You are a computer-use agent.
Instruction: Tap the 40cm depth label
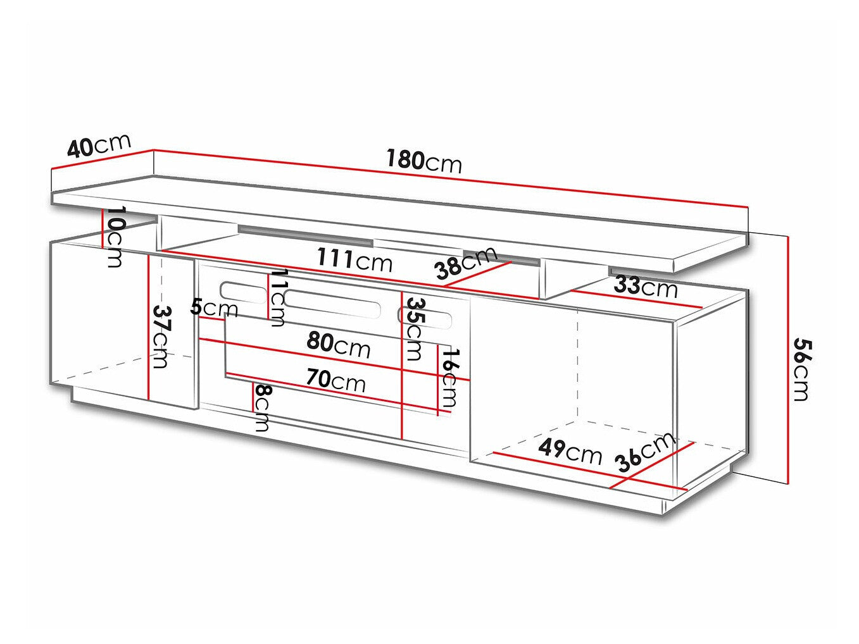tap(99, 146)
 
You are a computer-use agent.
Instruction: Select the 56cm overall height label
tap(801, 369)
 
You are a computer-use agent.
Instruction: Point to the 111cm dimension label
tap(354, 259)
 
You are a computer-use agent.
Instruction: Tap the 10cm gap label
tap(115, 237)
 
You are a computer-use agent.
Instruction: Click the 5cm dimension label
tap(215, 308)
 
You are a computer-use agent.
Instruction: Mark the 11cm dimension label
tap(277, 297)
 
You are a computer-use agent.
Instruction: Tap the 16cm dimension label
tap(449, 377)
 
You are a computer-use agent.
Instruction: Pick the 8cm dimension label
tap(261, 407)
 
